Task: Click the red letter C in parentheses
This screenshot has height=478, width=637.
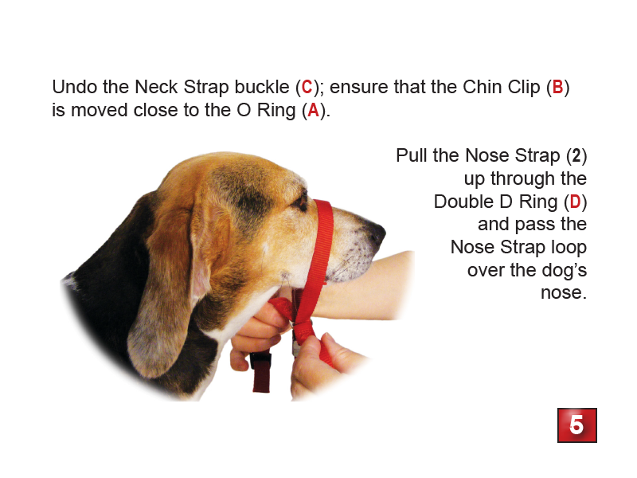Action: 307,87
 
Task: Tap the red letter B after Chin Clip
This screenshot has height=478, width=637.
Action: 557,87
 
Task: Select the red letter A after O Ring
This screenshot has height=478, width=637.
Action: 314,111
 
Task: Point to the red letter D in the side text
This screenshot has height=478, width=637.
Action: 574,202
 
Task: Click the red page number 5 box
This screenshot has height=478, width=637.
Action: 576,425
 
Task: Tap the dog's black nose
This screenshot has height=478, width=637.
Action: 374,231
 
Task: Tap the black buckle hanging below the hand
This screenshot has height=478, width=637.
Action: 261,362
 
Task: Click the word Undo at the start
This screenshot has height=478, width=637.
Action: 73,87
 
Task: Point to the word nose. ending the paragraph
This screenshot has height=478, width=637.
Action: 563,293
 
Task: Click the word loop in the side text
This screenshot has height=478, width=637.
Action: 567,247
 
